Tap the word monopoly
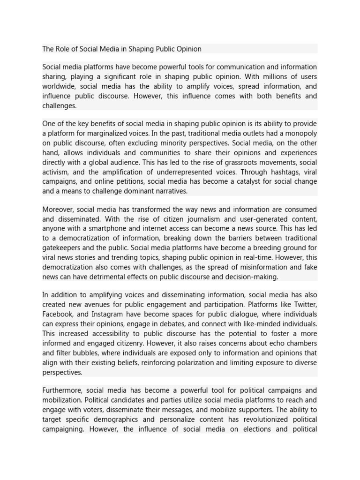[300, 133]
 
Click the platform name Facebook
[57, 314]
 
